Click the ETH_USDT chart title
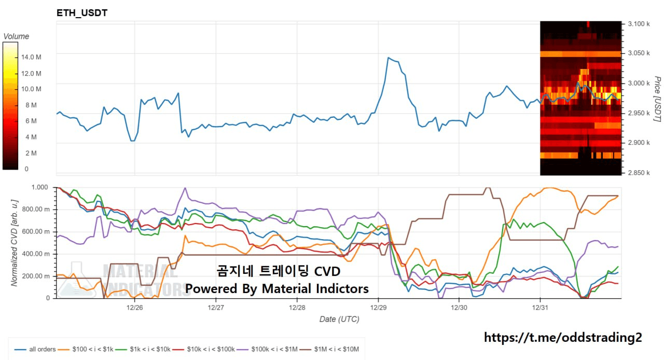point(82,13)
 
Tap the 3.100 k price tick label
point(639,24)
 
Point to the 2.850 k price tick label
point(639,173)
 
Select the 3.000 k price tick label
point(639,84)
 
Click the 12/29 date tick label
point(378,307)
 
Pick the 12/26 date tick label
point(135,307)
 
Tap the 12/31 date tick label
point(541,307)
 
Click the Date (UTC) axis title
point(339,319)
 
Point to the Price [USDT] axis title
point(657,99)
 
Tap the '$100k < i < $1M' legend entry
point(271,349)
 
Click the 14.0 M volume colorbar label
point(31,57)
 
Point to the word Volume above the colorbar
point(16,36)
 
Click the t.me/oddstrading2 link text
point(563,338)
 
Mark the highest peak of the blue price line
point(388,58)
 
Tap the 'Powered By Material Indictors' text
point(277,288)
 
